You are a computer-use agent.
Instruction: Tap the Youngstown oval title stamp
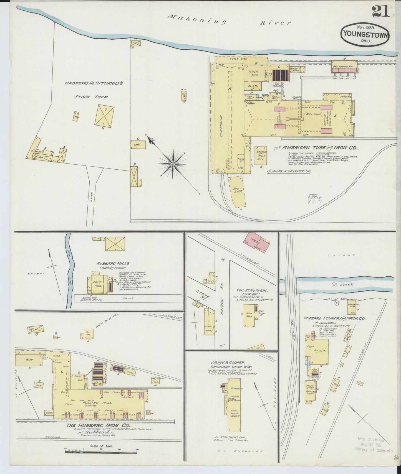(365, 34)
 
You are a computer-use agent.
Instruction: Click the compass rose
(172, 164)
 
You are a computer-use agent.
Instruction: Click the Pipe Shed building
(238, 191)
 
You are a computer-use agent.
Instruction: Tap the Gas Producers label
(343, 67)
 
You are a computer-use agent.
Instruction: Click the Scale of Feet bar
(101, 452)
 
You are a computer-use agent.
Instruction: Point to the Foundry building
(320, 351)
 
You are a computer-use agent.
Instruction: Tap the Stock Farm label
(91, 97)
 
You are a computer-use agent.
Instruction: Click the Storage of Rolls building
(261, 156)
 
